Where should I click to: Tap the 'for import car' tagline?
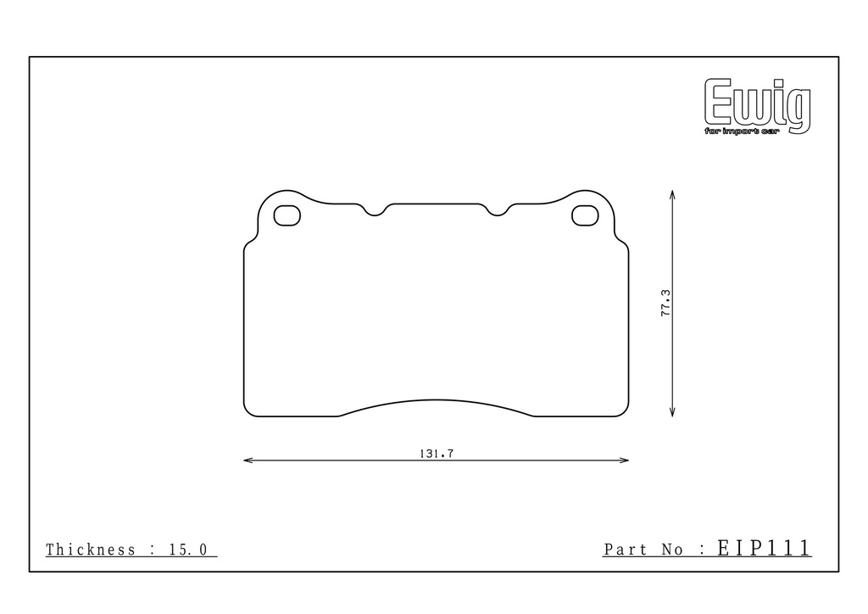[x=742, y=131]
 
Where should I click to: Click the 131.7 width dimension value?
[x=437, y=454]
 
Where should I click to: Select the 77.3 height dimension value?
[x=665, y=303]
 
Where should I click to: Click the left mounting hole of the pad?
[x=287, y=215]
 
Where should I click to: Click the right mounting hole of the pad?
[x=585, y=215]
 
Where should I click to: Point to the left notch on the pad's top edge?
[x=375, y=210]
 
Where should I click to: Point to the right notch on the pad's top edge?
[x=497, y=210]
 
